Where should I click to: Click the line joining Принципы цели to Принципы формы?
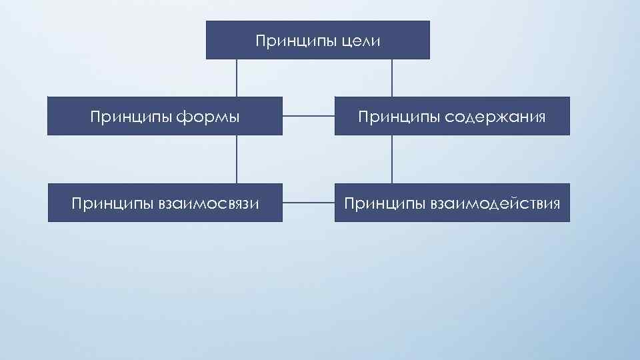click(237, 78)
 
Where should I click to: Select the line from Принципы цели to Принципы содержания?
click(392, 78)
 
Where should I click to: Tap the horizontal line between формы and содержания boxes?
click(308, 117)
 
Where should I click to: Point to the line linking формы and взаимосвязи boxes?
click(237, 159)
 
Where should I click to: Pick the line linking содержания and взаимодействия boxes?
click(392, 159)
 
